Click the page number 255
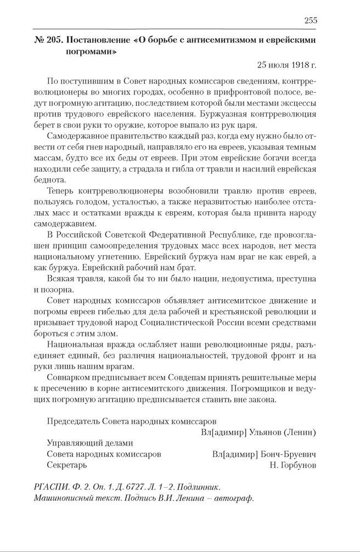tap(310, 21)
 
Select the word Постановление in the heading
tap(97, 41)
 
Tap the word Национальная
tap(80, 345)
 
